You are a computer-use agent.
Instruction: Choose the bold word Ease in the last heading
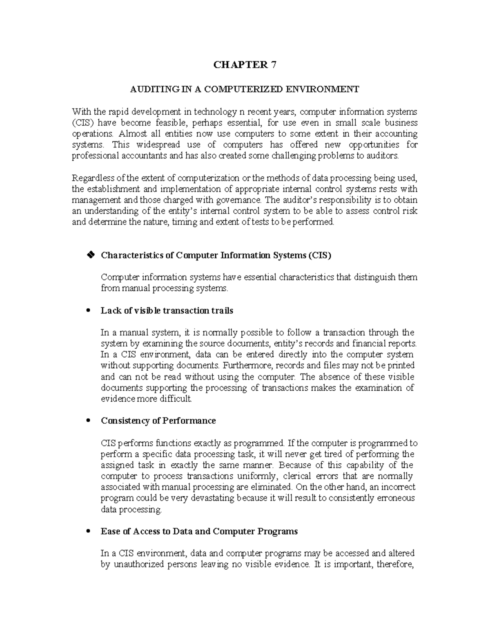point(110,531)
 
